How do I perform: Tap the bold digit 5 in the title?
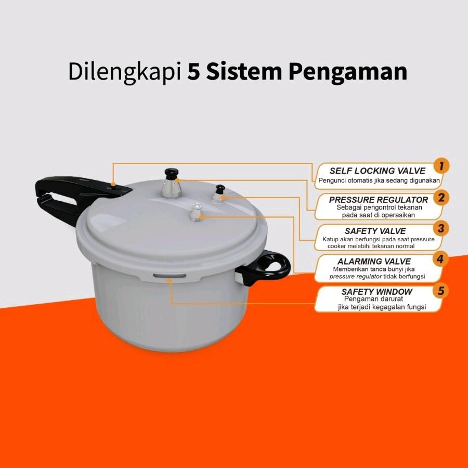[x=193, y=72]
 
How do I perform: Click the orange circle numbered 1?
[x=441, y=166]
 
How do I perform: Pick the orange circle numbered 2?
[x=441, y=197]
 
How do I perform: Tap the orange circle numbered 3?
[x=441, y=228]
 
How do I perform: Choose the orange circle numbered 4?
[x=441, y=258]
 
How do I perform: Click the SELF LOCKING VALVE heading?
[x=377, y=171]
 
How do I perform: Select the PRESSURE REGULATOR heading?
[x=379, y=200]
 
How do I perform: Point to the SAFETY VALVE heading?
[x=375, y=230]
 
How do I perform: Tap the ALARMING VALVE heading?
[x=374, y=261]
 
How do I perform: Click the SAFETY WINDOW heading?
[x=376, y=292]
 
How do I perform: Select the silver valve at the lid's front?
[x=196, y=213]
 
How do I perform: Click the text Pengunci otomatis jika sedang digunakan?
[x=379, y=181]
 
